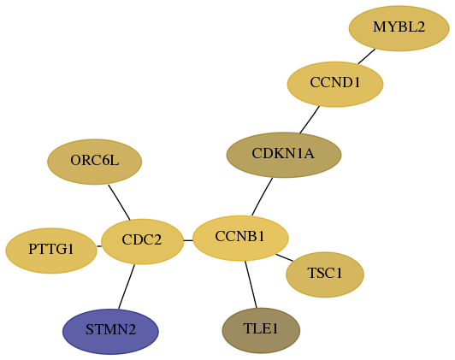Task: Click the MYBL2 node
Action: point(399,28)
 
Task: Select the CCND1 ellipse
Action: point(335,84)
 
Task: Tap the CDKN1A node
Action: point(284,155)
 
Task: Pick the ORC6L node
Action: point(95,162)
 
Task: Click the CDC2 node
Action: point(142,241)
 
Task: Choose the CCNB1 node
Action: point(240,239)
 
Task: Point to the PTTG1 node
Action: point(51,251)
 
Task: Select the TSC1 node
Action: point(325,274)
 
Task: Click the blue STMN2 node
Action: point(110,332)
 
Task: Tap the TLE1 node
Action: point(261,331)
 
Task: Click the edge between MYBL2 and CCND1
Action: point(367,56)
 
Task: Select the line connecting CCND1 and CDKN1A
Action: point(310,120)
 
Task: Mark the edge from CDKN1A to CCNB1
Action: point(262,197)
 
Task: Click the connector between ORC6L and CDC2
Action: point(119,202)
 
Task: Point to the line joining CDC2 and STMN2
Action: point(127,286)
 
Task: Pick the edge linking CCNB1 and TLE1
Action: point(251,285)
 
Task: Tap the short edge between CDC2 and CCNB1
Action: point(188,240)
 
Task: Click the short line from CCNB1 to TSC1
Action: point(284,257)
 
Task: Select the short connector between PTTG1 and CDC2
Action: point(99,246)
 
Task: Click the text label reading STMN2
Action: point(110,330)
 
